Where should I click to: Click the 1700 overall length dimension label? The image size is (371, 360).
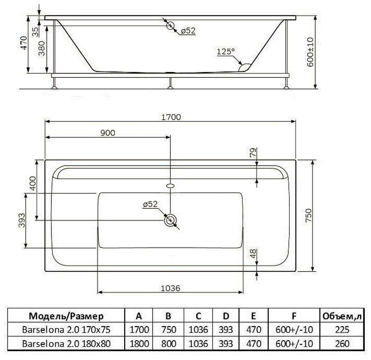pos(171,117)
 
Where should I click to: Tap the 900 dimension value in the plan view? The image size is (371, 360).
pos(108,133)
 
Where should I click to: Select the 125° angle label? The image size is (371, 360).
pos(226,51)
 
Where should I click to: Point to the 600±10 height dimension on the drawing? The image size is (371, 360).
pos(310,52)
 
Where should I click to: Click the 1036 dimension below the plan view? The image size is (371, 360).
pos(170,288)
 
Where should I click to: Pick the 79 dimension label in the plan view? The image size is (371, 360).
pos(253,153)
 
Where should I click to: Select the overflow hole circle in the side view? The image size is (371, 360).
pos(170,26)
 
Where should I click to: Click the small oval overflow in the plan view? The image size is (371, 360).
pos(170,186)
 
